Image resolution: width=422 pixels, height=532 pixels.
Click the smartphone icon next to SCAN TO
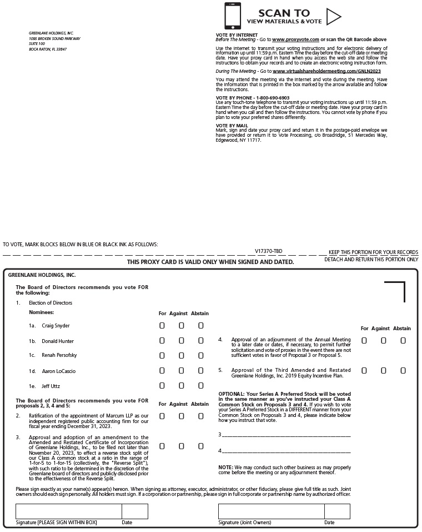pos(233,16)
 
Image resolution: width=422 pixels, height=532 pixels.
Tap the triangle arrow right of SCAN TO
pos(333,17)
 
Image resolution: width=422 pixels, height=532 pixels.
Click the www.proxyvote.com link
pos(295,40)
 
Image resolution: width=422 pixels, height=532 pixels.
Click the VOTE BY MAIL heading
pos(230,126)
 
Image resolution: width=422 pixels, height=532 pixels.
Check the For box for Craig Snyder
pos(162,326)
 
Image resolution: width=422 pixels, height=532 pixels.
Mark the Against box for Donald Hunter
pos(181,341)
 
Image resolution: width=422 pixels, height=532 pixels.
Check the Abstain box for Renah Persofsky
pos(200,356)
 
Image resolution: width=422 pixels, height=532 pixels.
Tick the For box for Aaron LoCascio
pos(162,371)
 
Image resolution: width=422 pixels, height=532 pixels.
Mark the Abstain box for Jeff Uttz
pos(200,386)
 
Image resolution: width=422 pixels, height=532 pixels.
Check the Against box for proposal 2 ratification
pos(181,416)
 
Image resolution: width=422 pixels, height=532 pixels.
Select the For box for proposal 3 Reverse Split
pos(162,446)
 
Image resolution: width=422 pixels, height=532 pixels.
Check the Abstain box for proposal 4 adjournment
pos(403,340)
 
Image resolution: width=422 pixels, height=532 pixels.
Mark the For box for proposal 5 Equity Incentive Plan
pos(364,370)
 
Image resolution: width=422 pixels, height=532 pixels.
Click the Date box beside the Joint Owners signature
pos(337,511)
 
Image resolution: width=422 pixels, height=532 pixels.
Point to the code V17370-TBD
pos(268,252)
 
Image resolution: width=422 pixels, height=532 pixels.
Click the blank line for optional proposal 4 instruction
pos(286,451)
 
